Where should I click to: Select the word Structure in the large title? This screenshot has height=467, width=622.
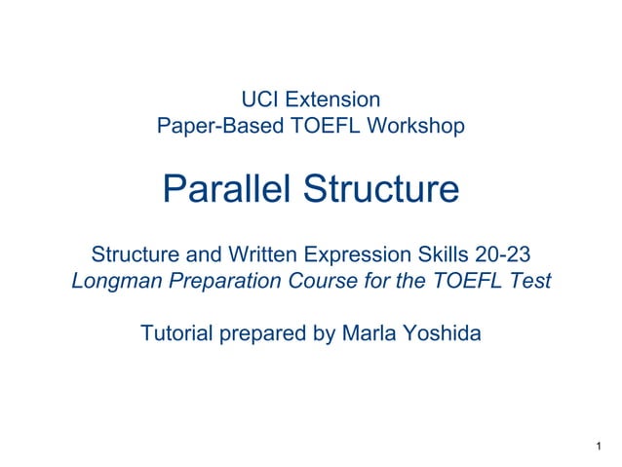382,189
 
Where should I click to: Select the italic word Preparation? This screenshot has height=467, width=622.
225,282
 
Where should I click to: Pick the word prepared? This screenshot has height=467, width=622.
268,334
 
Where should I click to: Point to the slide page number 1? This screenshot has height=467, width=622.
596,448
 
